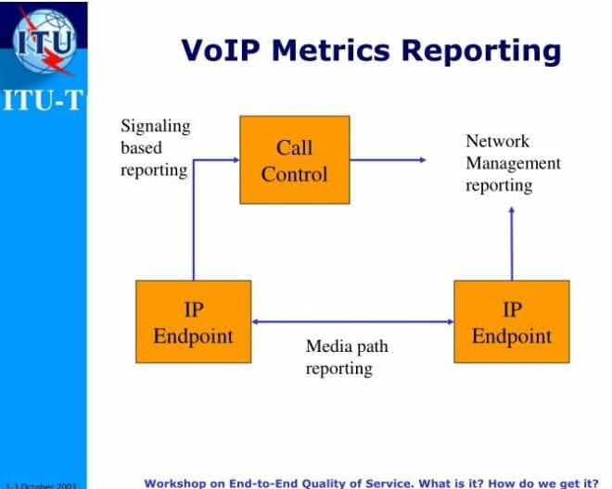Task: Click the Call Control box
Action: [295, 159]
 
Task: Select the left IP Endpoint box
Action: [193, 321]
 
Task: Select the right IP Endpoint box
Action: [511, 321]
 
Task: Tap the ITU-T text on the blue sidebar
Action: [43, 100]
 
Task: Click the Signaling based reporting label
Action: [154, 148]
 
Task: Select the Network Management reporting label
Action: [513, 163]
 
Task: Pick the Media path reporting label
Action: [346, 357]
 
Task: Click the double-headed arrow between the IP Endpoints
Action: [352, 321]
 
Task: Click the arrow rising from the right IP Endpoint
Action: [511, 243]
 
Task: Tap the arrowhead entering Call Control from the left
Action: [235, 160]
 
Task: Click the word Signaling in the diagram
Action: [155, 126]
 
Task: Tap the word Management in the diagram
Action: [513, 163]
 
